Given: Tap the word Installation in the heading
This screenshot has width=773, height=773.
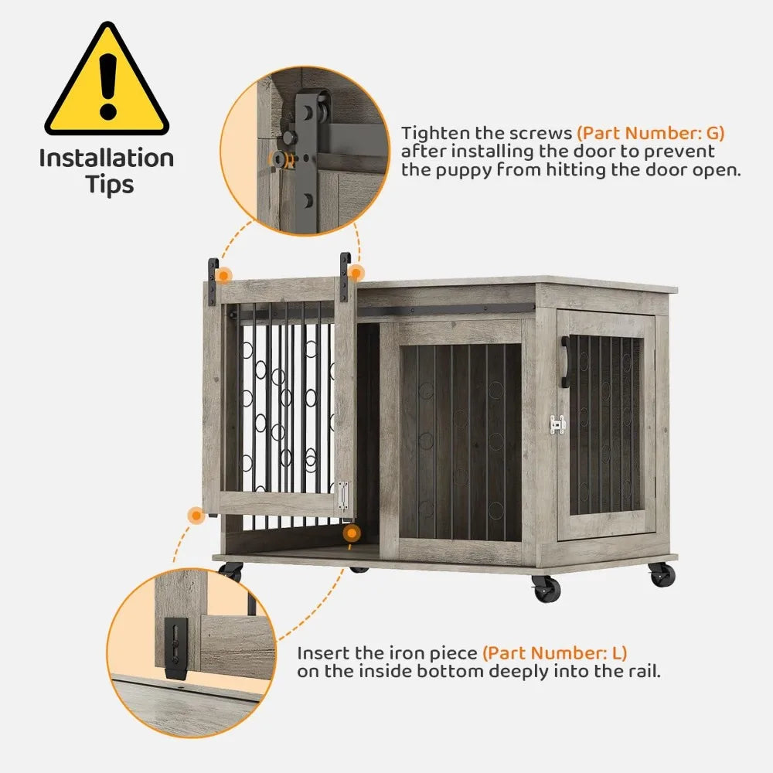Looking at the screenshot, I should coord(107,158).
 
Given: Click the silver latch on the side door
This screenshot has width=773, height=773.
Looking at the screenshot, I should coord(557,424).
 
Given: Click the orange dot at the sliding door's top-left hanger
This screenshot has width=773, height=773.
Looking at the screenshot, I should coord(223,274).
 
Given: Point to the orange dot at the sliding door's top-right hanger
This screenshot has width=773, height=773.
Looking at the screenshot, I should coord(356,273).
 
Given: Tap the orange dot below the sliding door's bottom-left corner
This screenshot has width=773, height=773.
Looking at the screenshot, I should coord(191,512).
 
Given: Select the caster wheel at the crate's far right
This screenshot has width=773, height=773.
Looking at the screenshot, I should coord(661,574).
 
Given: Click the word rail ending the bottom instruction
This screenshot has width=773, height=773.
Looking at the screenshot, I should coord(642,672).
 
